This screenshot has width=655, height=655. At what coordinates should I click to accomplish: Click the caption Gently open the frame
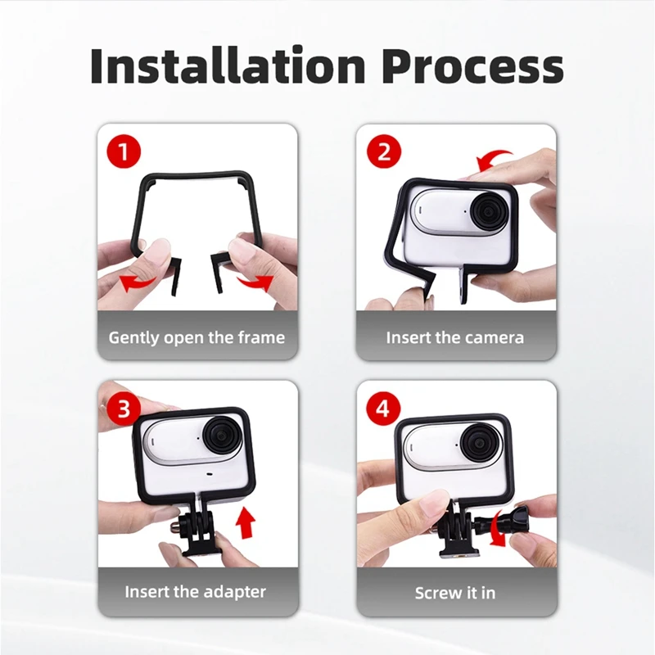coord(196,337)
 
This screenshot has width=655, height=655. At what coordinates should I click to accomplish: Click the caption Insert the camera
coord(454,337)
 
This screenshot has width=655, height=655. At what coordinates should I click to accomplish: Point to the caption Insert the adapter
coord(196,591)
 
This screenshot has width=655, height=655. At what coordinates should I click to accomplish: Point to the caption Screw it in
coord(454,592)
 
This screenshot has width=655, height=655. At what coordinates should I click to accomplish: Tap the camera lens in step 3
coord(224,439)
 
